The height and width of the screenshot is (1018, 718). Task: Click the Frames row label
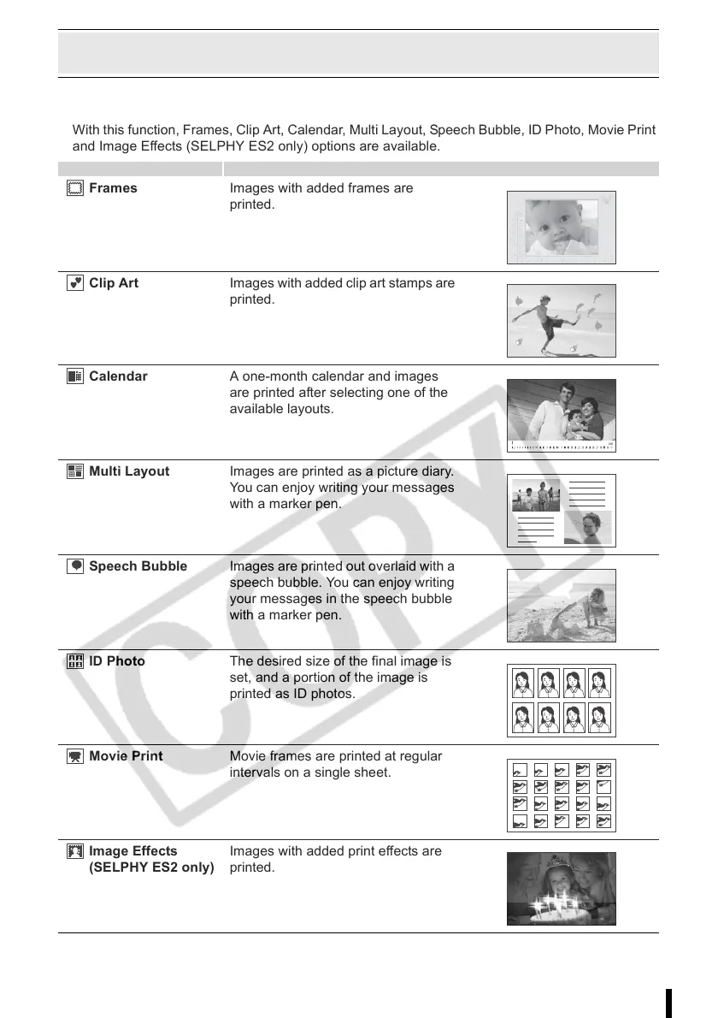pyautogui.click(x=113, y=188)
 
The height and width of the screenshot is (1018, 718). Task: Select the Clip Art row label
pyautogui.click(x=114, y=283)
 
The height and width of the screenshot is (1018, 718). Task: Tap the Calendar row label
pyautogui.click(x=118, y=376)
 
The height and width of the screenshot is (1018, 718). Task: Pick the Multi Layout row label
pyautogui.click(x=129, y=471)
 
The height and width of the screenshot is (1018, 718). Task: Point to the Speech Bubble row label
pyautogui.click(x=138, y=566)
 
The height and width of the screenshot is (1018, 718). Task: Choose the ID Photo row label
pyautogui.click(x=117, y=661)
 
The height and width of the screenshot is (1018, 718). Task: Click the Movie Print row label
pyautogui.click(x=126, y=756)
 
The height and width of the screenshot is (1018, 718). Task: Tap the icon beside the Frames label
pyautogui.click(x=74, y=189)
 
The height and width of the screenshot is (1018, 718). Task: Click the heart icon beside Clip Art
pyautogui.click(x=74, y=284)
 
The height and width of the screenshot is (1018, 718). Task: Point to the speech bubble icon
pyautogui.click(x=74, y=567)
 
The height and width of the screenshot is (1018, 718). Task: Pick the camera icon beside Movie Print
pyautogui.click(x=74, y=757)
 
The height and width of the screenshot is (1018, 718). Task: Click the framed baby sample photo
pyautogui.click(x=561, y=228)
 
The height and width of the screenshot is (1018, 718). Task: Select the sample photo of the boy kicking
pyautogui.click(x=561, y=320)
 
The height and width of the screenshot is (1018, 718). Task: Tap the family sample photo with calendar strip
pyautogui.click(x=561, y=415)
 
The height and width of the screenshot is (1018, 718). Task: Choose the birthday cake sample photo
pyautogui.click(x=561, y=888)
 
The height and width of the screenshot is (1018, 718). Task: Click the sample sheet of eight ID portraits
pyautogui.click(x=561, y=700)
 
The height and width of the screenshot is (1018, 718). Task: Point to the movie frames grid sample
pyautogui.click(x=561, y=795)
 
